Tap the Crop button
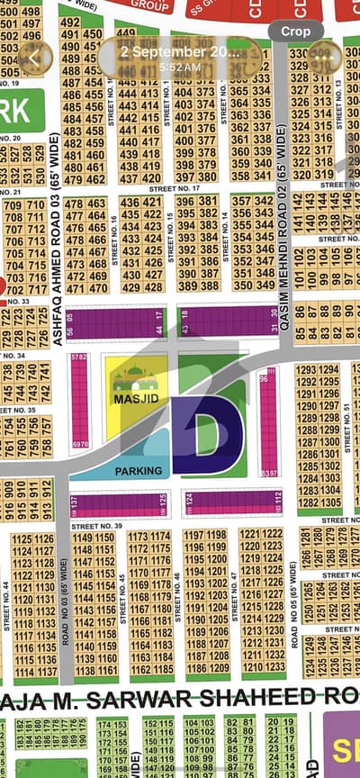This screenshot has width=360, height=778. coord(295,31)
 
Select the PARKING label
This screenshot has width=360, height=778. coord(139,470)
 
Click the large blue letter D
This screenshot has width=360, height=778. coord(206,430)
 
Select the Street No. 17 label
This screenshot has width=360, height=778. coord(175,189)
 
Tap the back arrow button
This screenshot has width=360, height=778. coord(34,57)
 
